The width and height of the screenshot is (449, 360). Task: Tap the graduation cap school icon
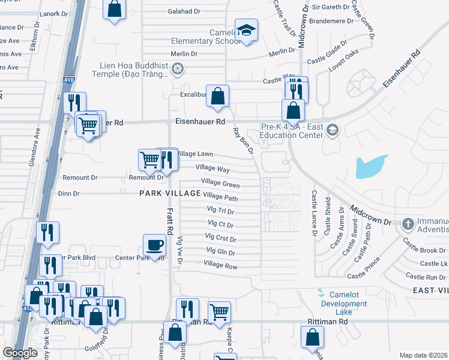point(246,31)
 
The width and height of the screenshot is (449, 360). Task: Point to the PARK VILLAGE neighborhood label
point(170,193)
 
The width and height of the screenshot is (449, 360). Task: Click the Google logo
point(20,352)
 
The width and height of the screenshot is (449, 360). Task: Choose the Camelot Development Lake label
point(343,304)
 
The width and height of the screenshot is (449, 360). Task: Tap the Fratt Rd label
point(170,220)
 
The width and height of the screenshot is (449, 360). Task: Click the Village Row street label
point(220,265)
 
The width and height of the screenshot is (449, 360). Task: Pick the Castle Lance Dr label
point(314,214)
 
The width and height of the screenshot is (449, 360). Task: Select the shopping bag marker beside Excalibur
point(217,95)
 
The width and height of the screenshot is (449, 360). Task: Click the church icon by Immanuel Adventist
point(408,224)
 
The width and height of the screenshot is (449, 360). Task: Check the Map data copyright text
point(423,355)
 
